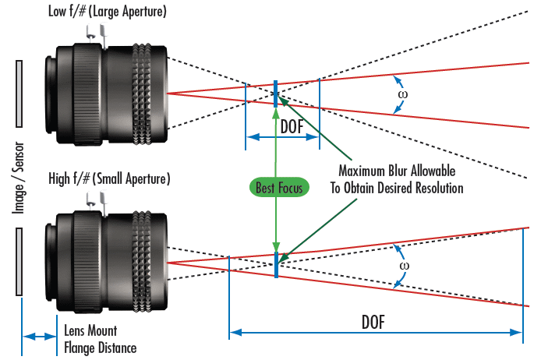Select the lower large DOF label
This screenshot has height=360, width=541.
[377, 320]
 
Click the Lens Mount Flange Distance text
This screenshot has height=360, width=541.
[99, 341]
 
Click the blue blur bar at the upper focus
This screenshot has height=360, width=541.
[276, 94]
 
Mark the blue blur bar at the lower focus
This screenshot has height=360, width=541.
[276, 263]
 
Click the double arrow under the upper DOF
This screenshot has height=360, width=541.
[283, 137]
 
